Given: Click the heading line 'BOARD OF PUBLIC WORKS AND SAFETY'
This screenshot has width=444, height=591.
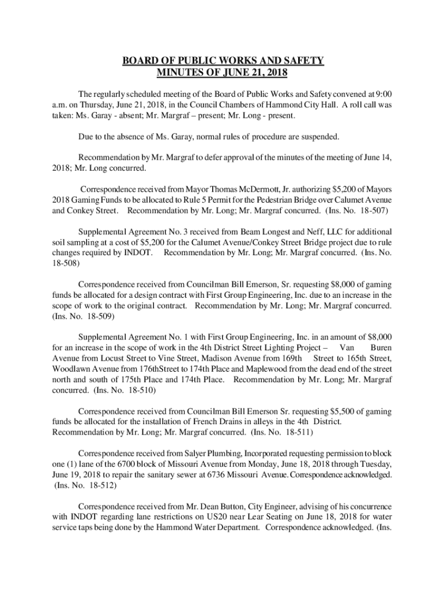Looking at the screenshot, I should tap(222, 61).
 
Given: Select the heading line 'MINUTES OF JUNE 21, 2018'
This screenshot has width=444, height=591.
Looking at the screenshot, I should tap(222, 73).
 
